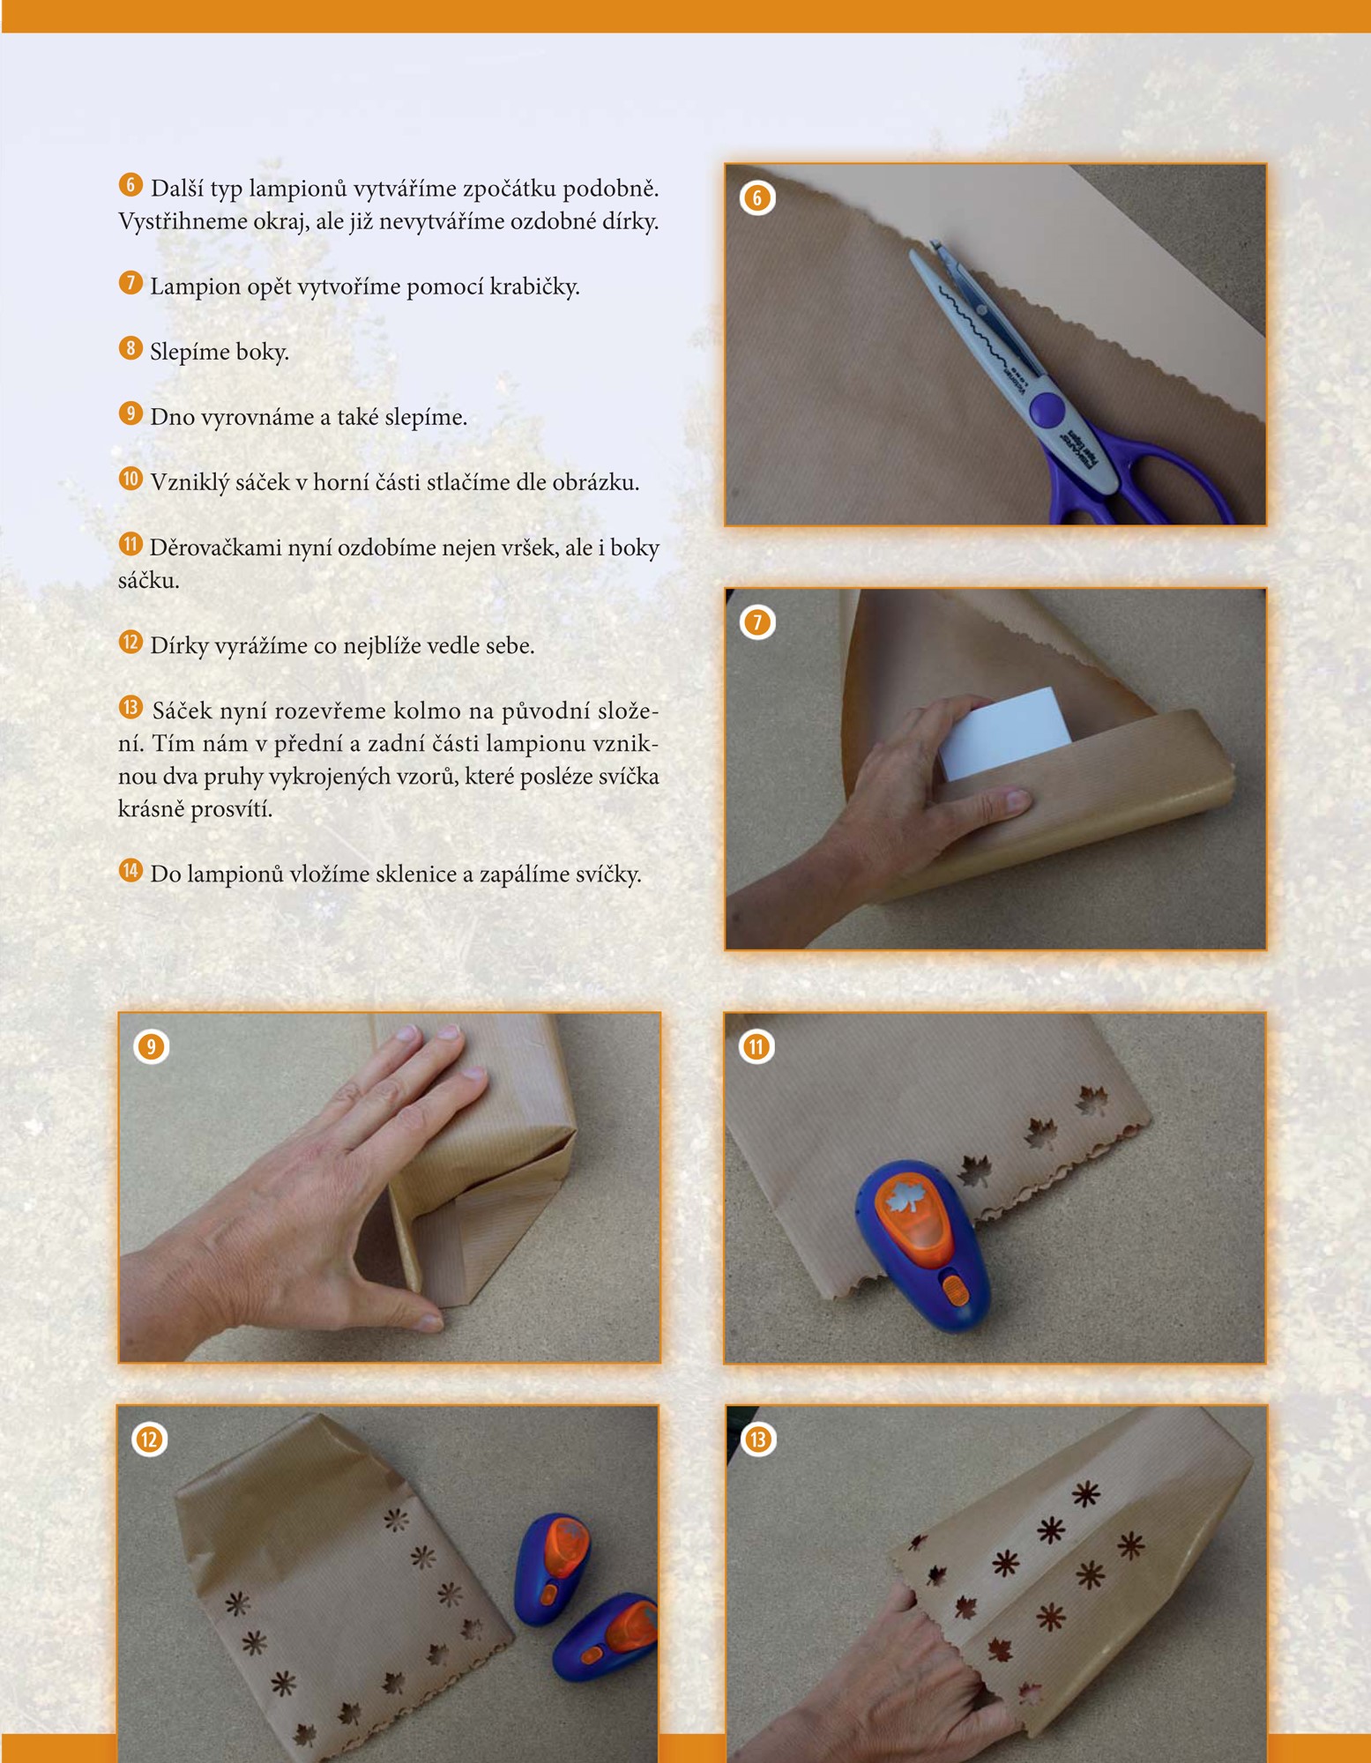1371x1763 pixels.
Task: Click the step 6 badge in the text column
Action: [x=130, y=185]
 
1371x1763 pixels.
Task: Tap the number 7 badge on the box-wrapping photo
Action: [x=756, y=622]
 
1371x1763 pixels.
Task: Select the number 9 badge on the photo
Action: [x=151, y=1046]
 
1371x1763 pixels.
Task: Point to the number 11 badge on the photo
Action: [x=756, y=1046]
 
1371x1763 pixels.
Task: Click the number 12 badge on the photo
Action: [x=149, y=1439]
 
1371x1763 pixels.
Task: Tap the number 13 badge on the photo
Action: [x=757, y=1439]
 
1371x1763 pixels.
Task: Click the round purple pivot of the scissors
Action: [x=1047, y=409]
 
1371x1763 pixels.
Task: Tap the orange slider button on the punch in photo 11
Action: [x=955, y=1291]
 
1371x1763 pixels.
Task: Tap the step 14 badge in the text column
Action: [x=130, y=871]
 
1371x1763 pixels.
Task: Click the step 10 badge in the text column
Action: [x=130, y=479]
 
